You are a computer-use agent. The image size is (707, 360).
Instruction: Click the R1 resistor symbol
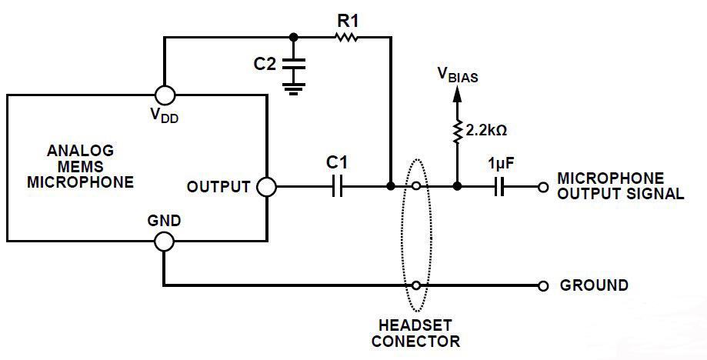[x=346, y=36]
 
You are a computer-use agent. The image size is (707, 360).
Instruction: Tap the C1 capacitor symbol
[x=336, y=186]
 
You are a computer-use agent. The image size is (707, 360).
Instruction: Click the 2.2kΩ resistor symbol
[x=457, y=132]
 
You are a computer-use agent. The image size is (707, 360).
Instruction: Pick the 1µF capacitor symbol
[x=499, y=186]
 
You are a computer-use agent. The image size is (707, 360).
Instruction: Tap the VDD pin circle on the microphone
[x=164, y=95]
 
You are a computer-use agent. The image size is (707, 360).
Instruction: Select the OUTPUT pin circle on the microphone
[x=265, y=186]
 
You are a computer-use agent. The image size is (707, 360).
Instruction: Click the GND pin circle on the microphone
[x=164, y=242]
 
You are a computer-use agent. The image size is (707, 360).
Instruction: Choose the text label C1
[x=337, y=162]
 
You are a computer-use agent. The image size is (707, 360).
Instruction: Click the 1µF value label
[x=501, y=164]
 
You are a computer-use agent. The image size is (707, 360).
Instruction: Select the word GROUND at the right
[x=594, y=285]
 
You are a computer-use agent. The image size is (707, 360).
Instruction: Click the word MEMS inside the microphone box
[x=80, y=166]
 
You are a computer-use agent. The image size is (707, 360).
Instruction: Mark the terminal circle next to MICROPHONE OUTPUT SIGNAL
[x=543, y=186]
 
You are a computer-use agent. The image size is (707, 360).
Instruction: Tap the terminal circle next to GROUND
[x=543, y=285]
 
